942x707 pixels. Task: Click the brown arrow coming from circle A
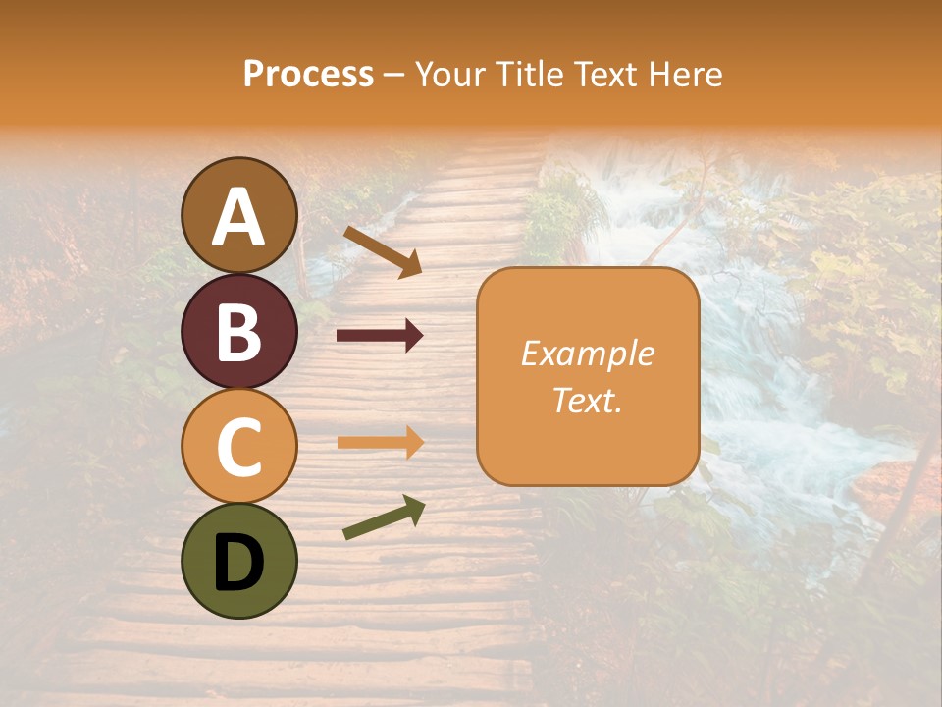tap(382, 252)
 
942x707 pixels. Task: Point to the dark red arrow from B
tap(380, 336)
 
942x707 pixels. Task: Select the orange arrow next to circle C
tap(380, 442)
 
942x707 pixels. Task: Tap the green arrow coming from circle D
tap(384, 517)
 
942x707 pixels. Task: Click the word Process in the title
tap(308, 74)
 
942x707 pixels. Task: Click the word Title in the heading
tap(528, 74)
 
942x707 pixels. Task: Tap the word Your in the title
tap(449, 74)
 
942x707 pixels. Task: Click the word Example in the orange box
tap(588, 354)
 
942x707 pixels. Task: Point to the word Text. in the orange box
tap(588, 400)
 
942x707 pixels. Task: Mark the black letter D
tap(239, 564)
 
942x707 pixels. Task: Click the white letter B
tap(239, 332)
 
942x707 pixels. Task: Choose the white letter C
tap(239, 448)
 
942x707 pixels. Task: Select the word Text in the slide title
tap(606, 74)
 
